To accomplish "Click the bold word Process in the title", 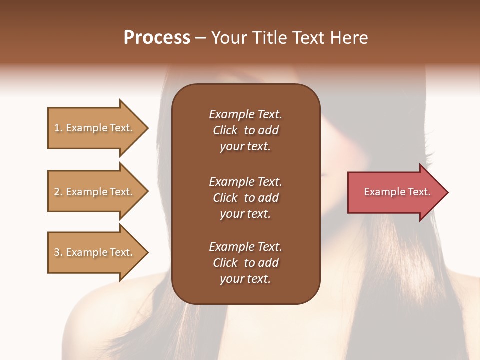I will tap(157, 38).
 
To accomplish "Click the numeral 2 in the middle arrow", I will tap(57, 192).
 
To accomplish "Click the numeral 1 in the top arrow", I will tap(57, 128).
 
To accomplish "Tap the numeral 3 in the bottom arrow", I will tap(57, 252).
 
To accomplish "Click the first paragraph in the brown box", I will tap(245, 130).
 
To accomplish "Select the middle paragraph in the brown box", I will tap(245, 198).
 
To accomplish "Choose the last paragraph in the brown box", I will tap(245, 263).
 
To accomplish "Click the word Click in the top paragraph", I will tap(225, 130).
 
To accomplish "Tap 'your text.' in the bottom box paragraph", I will tap(245, 279).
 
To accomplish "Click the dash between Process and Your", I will tap(201, 38).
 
